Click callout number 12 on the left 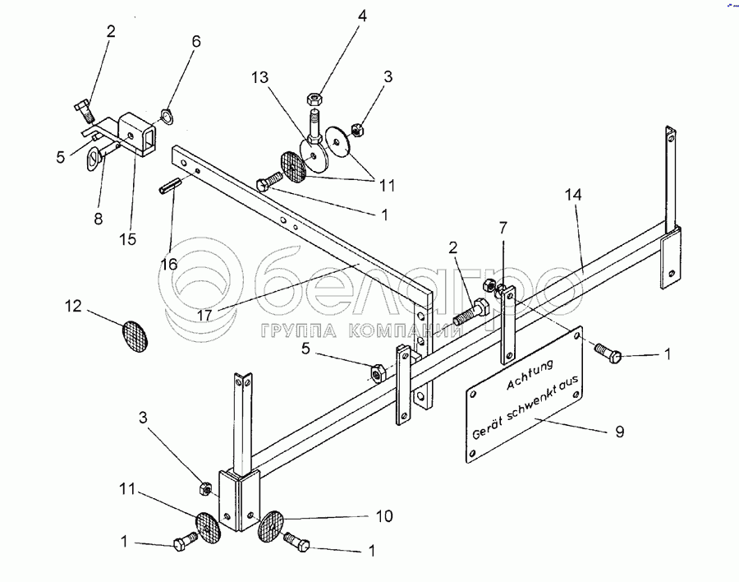[x=75, y=307]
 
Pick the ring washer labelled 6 [x=165, y=114]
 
